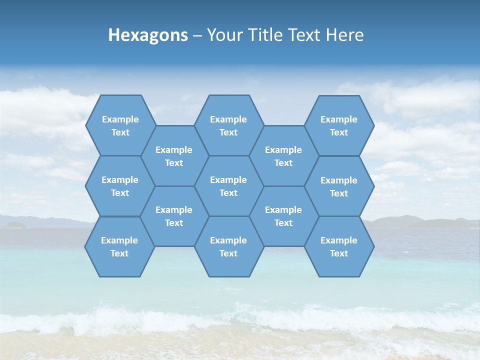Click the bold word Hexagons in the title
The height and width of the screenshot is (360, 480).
148,35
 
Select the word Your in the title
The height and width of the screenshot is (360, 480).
224,35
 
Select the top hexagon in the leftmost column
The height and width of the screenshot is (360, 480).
120,125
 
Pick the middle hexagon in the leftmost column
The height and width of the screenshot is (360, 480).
120,186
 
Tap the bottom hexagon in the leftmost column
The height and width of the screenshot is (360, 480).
119,246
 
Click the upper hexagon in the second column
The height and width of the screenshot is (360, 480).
174,156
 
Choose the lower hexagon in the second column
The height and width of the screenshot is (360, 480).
174,216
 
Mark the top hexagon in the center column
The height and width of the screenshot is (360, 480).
228,125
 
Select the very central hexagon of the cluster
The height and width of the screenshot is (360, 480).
228,186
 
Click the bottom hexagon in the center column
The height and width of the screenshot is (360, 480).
228,246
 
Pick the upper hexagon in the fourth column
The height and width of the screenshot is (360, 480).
283,156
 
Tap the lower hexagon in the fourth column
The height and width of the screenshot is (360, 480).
283,216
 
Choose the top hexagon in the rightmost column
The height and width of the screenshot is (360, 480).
339,125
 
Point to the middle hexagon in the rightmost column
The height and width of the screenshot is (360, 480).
339,186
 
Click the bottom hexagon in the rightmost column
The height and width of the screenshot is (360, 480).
339,246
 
